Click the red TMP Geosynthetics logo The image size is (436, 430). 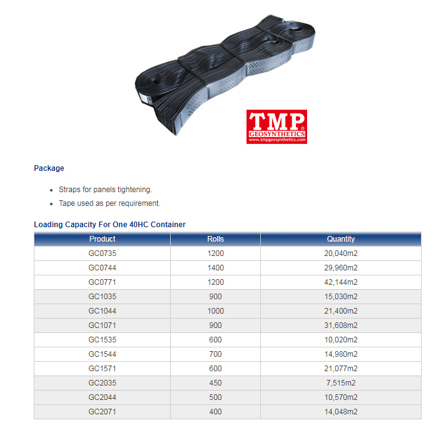point(276,127)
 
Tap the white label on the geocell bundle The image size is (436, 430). point(145,98)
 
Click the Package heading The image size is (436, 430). point(49,168)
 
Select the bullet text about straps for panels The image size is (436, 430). point(105,190)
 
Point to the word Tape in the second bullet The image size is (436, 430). point(67,203)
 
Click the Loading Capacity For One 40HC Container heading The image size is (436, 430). point(109,225)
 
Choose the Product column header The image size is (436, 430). point(103,239)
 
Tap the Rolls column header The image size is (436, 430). point(215,239)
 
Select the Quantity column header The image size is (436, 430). point(341,239)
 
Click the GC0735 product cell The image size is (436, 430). point(103,253)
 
